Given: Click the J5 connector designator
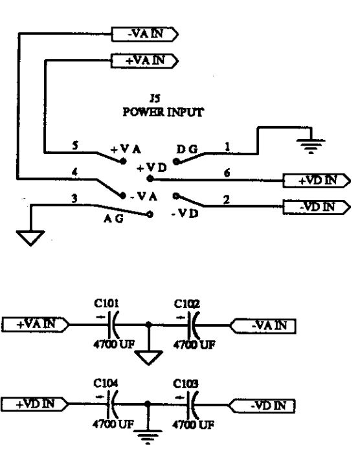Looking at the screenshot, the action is pyautogui.click(x=155, y=98).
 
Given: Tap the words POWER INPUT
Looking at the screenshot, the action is pyautogui.click(x=163, y=112).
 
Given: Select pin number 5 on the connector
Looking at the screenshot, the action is pyautogui.click(x=76, y=145).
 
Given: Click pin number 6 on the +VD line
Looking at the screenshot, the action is pyautogui.click(x=227, y=173).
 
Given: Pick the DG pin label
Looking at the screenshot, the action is pyautogui.click(x=187, y=149).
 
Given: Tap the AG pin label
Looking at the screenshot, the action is pyautogui.click(x=113, y=219).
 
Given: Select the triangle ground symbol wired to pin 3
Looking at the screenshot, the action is pyautogui.click(x=30, y=237).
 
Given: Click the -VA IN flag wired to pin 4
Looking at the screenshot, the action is pyautogui.click(x=145, y=34).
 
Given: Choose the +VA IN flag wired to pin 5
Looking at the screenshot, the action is pyautogui.click(x=144, y=61).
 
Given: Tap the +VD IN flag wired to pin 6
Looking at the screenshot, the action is pyautogui.click(x=317, y=181).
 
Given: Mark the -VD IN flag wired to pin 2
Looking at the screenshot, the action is pyautogui.click(x=317, y=207).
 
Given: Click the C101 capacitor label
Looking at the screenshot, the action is pyautogui.click(x=106, y=303).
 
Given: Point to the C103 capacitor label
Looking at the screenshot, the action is pyautogui.click(x=186, y=384).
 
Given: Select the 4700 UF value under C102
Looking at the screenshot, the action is pyautogui.click(x=194, y=344).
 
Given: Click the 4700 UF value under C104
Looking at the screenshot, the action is pyautogui.click(x=113, y=424).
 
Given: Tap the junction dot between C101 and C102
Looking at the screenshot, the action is pyautogui.click(x=149, y=325).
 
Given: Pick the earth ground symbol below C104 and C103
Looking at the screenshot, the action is pyautogui.click(x=148, y=436).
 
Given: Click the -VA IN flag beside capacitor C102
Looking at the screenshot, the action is pyautogui.click(x=262, y=326).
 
